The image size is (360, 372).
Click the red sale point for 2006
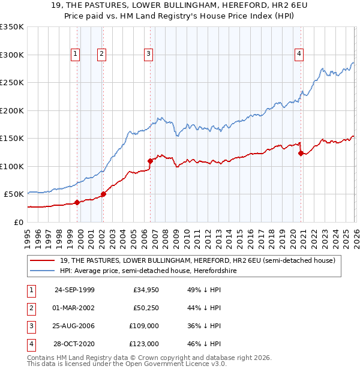(x=150, y=161)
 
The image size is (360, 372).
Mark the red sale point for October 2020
(x=301, y=153)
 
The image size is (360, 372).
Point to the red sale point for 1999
(x=77, y=202)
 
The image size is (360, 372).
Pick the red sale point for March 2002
(x=103, y=194)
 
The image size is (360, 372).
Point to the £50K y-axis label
(x=14, y=194)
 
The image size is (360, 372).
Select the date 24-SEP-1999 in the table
(x=74, y=290)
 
